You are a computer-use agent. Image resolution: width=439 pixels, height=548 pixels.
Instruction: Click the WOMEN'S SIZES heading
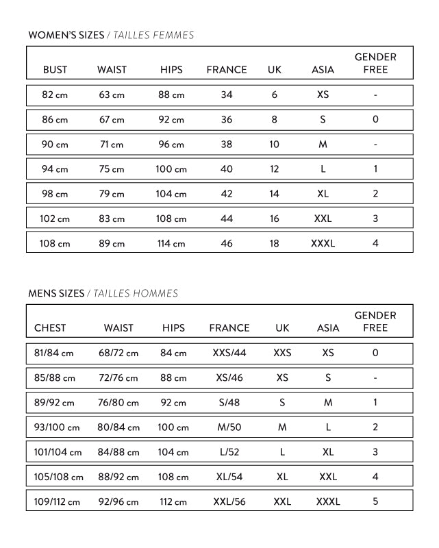66,35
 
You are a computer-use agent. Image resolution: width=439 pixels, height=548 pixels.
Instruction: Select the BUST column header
55,70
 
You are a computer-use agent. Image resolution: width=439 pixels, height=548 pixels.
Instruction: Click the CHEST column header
50,328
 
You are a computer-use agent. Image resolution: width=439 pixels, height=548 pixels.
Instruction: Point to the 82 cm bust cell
55,95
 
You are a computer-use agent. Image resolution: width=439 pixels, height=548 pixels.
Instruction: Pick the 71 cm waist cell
112,145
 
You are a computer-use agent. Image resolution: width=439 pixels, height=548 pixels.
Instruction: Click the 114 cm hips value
171,243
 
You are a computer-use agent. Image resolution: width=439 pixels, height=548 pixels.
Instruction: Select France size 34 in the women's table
227,95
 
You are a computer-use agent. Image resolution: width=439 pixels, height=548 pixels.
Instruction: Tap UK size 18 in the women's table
275,243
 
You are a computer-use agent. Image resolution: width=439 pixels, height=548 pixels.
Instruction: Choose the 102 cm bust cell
55,219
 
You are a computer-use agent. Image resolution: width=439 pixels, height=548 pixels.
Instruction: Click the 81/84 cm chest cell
53,353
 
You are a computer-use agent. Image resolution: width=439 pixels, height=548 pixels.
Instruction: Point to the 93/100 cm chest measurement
56,427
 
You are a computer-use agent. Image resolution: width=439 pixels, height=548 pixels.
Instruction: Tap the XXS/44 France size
229,353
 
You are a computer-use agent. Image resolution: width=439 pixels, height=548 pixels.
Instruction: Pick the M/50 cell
229,427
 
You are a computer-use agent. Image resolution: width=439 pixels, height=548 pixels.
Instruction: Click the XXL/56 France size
229,501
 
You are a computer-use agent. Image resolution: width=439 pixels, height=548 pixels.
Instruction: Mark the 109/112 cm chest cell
57,501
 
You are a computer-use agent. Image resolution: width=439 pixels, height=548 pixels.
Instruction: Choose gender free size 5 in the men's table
375,501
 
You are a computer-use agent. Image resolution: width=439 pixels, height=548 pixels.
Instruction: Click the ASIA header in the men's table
328,328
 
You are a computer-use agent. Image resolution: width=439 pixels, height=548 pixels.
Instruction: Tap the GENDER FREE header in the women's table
375,63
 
